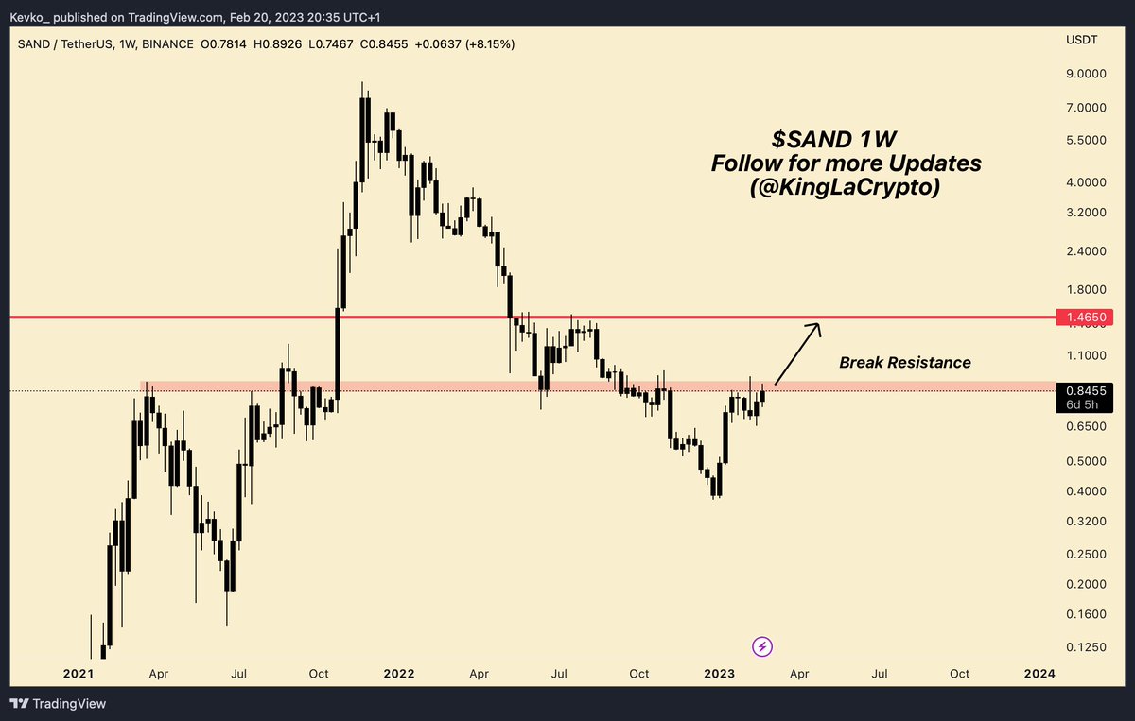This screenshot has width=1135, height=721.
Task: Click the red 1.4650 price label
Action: [1085, 318]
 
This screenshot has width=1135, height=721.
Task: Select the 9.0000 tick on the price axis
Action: [1085, 74]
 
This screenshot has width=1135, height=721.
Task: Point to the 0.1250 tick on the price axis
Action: [1085, 647]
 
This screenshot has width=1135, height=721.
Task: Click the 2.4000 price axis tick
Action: [1085, 251]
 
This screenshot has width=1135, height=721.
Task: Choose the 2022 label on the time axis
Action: [398, 674]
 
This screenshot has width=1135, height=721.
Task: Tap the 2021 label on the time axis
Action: [78, 674]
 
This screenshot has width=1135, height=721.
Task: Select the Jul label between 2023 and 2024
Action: [880, 674]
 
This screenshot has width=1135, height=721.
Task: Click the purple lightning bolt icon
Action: [763, 647]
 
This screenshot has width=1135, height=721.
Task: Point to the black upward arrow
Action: [797, 353]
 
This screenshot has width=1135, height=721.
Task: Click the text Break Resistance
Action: [904, 362]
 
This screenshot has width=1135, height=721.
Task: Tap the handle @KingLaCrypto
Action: [846, 188]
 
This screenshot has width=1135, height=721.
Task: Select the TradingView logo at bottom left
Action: [58, 704]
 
